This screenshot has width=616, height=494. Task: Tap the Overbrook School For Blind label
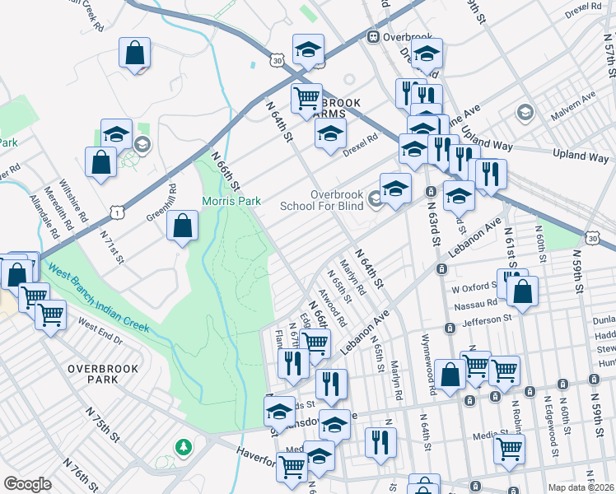click(x=324, y=200)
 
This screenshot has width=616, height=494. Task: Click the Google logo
click(x=27, y=483)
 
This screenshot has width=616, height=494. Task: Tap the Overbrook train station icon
click(x=372, y=36)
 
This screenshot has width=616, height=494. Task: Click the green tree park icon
click(x=184, y=447)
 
